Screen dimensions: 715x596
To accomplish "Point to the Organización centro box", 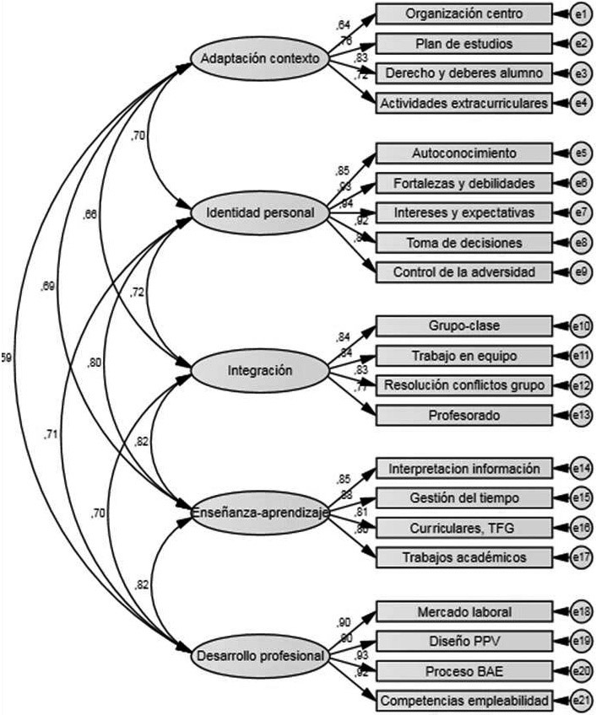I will [463, 14].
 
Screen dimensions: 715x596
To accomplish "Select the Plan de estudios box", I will [463, 43].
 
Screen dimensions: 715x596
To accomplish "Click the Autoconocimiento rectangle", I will [463, 154].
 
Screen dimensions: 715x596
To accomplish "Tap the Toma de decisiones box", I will [463, 243].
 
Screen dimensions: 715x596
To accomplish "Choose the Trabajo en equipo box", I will [463, 356].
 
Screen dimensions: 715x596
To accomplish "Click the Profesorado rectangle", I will [463, 415].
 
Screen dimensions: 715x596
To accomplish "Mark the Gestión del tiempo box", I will [463, 497].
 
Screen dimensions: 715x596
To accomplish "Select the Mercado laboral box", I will [463, 611].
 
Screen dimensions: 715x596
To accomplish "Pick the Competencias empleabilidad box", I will [463, 699].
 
